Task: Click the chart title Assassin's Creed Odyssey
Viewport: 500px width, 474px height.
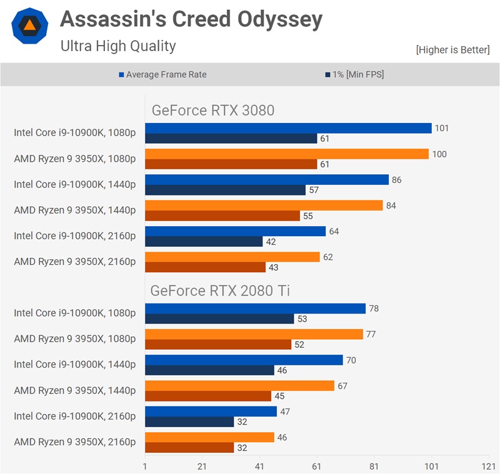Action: (191, 21)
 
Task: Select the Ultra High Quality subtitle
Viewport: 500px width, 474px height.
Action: (118, 46)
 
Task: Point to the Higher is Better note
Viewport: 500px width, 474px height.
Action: (452, 50)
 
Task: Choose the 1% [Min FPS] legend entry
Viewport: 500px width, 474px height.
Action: (354, 74)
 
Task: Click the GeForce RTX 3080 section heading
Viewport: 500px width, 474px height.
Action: (213, 111)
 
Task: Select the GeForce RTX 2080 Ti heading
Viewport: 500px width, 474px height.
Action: (220, 290)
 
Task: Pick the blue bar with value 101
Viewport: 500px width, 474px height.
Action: (288, 128)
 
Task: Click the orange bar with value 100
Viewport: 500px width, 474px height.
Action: (287, 154)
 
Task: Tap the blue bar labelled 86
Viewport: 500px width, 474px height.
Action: (267, 180)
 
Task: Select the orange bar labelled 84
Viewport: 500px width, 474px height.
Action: (264, 205)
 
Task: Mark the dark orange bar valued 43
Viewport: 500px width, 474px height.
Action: (205, 267)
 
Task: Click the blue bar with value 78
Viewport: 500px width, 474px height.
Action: (255, 309)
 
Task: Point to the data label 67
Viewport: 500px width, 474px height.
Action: (342, 386)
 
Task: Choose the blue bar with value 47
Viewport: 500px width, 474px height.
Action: (211, 412)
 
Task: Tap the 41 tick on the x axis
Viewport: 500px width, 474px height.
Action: (259, 467)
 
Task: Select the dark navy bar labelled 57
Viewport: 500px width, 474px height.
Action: (225, 190)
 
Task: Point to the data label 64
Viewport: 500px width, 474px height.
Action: (334, 232)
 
